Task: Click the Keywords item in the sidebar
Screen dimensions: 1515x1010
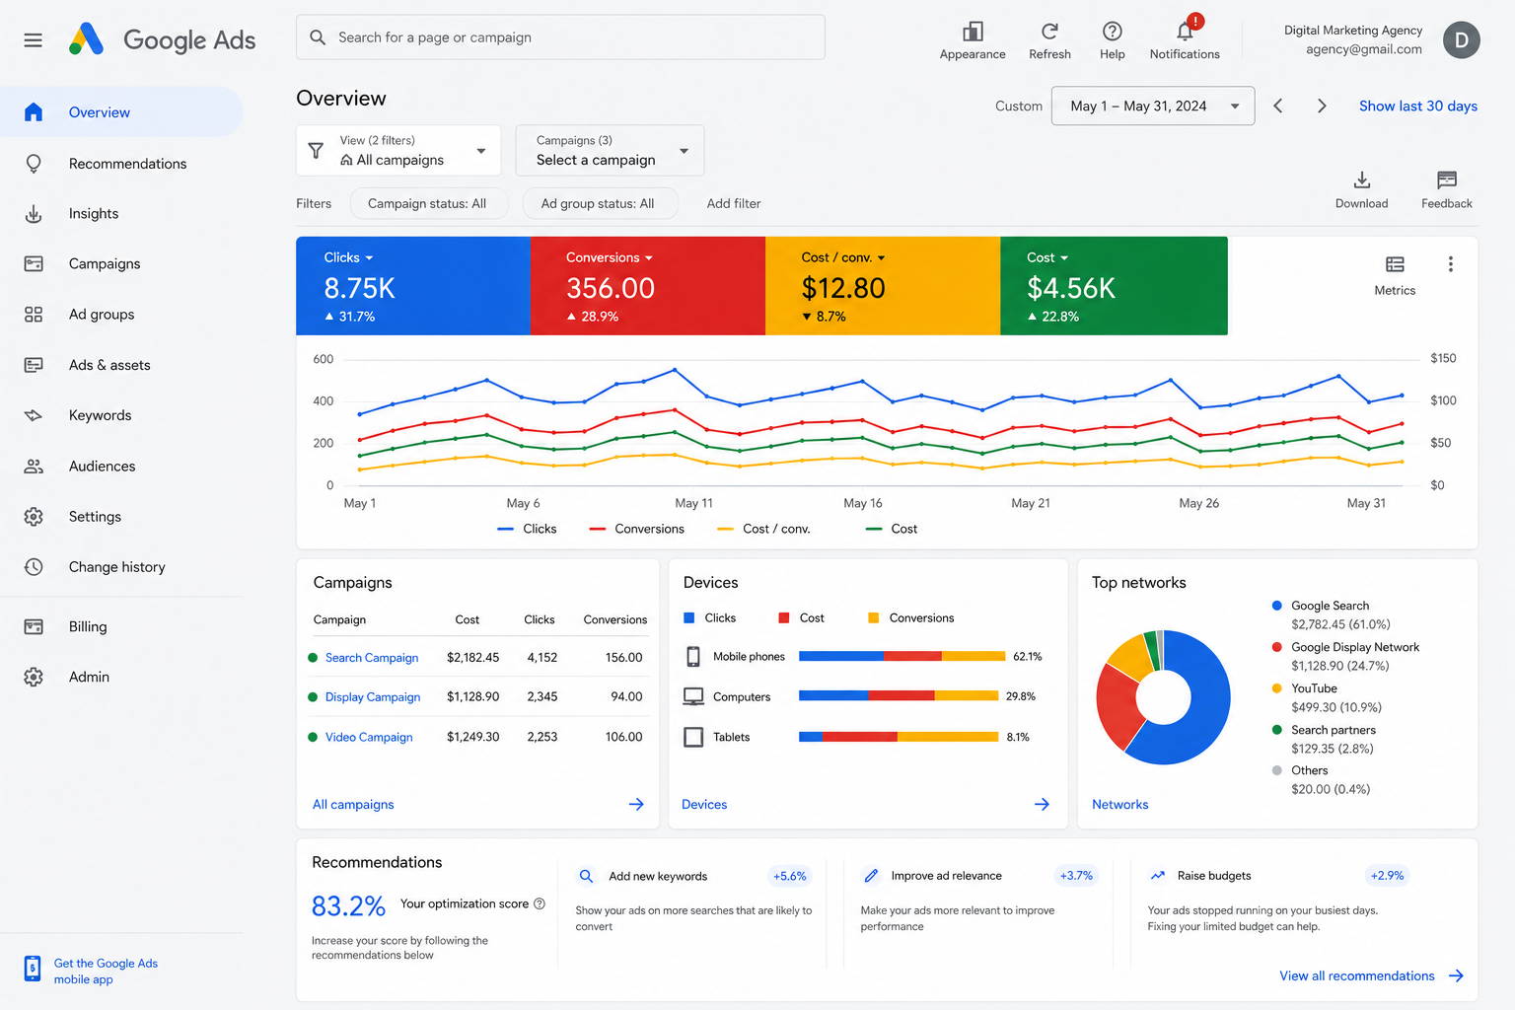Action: click(x=100, y=415)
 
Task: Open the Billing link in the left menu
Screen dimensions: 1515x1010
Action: click(x=87, y=626)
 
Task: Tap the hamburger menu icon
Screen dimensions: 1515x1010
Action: click(x=34, y=39)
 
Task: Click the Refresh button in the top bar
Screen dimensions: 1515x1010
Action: click(x=1049, y=40)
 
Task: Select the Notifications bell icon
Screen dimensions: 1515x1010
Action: click(x=1185, y=32)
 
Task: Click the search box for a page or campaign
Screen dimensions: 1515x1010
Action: click(x=560, y=37)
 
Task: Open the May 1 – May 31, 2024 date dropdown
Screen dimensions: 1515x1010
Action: click(x=1152, y=106)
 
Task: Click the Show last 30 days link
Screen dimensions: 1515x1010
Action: click(x=1417, y=107)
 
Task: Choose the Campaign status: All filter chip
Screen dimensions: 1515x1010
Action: click(x=427, y=203)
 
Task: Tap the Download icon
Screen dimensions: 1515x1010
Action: click(x=1361, y=180)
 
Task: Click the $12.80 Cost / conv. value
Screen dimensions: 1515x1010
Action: click(x=842, y=288)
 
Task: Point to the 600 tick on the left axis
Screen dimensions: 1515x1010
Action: click(x=324, y=359)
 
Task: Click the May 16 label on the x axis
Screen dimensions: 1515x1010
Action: click(x=862, y=503)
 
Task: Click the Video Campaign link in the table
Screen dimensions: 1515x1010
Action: click(x=369, y=737)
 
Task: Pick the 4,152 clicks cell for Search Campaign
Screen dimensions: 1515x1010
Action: click(x=541, y=658)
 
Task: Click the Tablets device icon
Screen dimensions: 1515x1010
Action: click(x=693, y=737)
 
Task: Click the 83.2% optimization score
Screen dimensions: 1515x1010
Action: click(x=348, y=906)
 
